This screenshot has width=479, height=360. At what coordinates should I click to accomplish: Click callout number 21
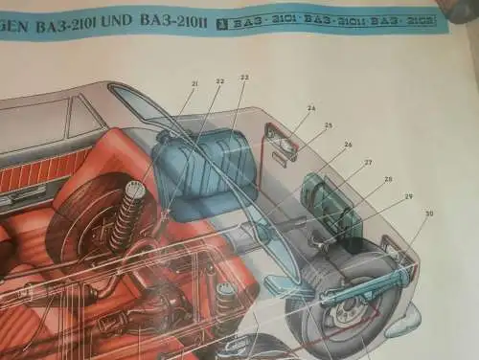click(194, 84)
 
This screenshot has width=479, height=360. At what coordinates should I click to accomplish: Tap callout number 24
click(311, 108)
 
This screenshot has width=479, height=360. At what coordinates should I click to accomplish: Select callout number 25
click(329, 125)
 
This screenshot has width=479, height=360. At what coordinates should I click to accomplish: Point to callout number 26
click(348, 145)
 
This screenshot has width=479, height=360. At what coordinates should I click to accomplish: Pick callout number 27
click(368, 162)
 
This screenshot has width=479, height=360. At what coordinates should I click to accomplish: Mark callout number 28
click(388, 179)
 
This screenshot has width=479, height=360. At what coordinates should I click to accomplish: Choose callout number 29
click(409, 196)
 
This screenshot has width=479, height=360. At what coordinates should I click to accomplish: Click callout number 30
click(429, 214)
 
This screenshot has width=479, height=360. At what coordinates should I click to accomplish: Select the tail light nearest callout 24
click(285, 140)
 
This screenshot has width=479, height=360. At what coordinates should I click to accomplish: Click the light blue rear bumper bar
click(364, 288)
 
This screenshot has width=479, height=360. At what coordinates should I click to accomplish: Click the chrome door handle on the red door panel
click(21, 197)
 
